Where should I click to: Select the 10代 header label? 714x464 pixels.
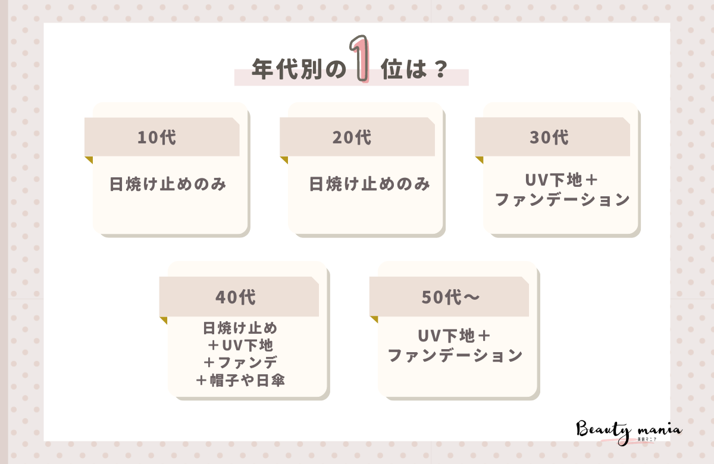pos(156,137)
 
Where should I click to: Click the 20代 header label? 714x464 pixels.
pos(352,137)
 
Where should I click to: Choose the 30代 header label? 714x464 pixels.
pos(549,137)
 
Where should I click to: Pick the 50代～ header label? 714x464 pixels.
pos(450,297)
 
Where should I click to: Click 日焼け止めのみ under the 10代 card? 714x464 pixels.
pos(168,184)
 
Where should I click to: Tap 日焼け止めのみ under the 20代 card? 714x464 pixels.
pos(369,184)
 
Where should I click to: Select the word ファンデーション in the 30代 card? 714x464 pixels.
pos(562,200)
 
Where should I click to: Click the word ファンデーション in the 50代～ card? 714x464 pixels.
pos(455,356)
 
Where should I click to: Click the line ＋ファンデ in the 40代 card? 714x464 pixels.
pos(240,362)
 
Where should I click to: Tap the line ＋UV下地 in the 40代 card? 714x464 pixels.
pos(240,345)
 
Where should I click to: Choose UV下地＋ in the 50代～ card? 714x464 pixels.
pos(455,336)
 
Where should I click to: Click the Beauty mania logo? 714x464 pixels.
pos(629,429)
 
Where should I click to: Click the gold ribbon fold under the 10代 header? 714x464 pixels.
pos(89,159)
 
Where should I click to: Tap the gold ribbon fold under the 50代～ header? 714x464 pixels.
pos(374,319)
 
